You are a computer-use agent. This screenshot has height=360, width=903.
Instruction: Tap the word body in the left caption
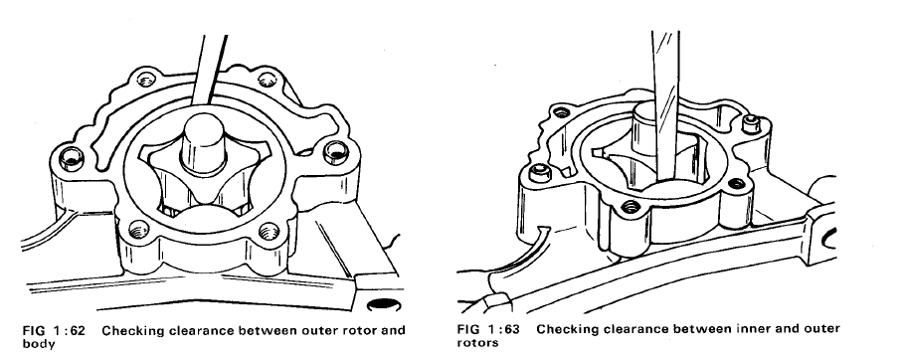(39, 344)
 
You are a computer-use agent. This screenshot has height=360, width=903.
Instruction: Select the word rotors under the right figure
(478, 343)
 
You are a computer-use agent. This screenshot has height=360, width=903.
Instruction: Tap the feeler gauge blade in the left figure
(209, 70)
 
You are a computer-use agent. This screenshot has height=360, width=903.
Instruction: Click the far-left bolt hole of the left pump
(72, 157)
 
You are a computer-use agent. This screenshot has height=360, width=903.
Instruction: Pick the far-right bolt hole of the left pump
(336, 152)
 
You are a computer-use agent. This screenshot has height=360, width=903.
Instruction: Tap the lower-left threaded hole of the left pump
(138, 230)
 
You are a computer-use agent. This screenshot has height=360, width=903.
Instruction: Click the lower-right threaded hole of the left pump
(269, 232)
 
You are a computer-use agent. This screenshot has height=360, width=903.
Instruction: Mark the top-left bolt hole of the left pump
(146, 79)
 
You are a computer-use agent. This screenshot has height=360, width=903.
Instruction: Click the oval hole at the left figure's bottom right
(381, 304)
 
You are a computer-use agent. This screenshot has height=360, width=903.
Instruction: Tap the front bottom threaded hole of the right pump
(631, 206)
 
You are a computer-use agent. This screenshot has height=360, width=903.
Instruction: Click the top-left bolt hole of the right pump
(562, 112)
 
